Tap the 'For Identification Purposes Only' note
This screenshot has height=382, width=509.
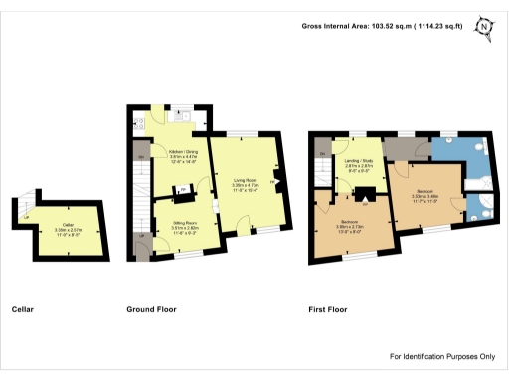[441, 356]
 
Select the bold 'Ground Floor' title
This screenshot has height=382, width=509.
[151, 309]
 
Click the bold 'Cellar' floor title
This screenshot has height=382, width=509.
[23, 309]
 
